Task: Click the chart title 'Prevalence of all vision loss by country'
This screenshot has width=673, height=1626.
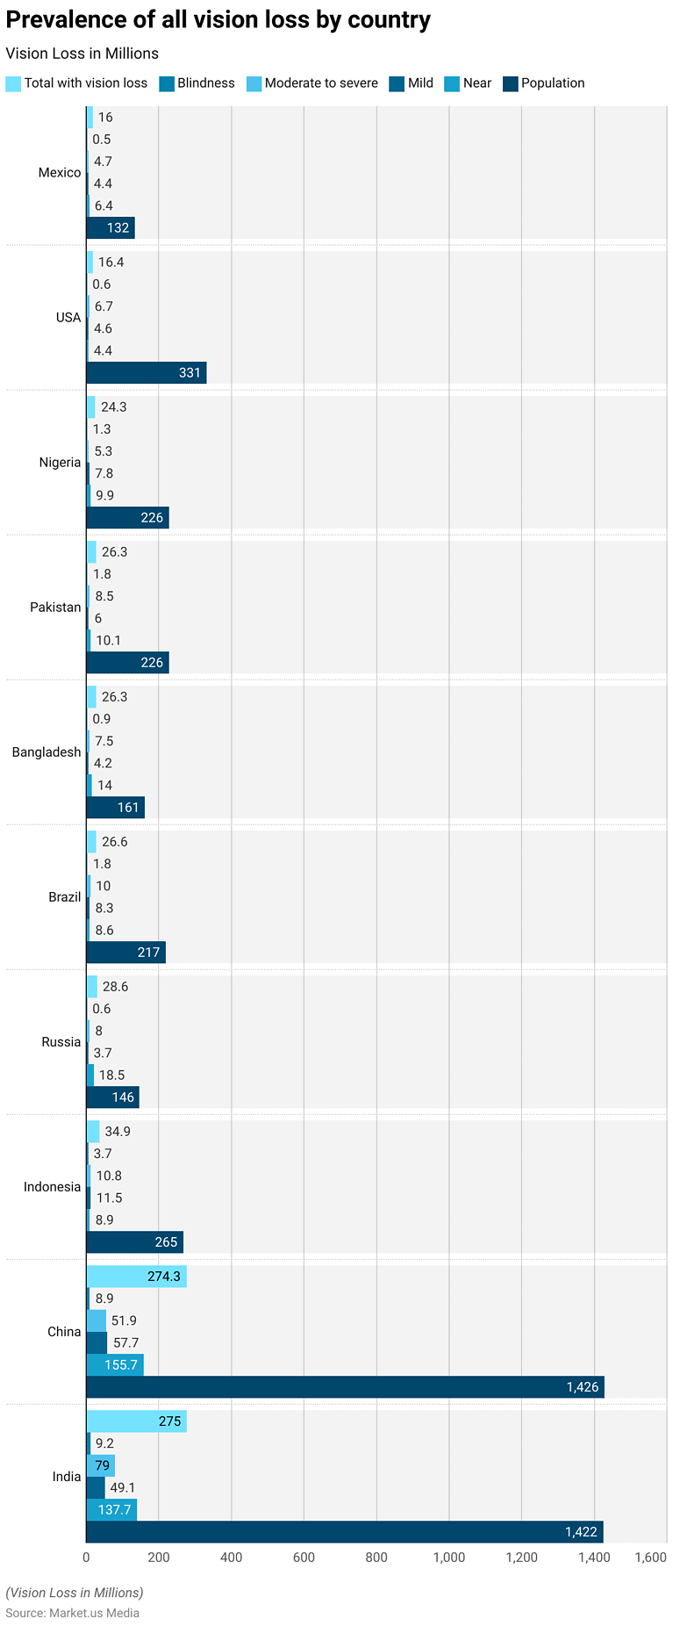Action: tap(218, 20)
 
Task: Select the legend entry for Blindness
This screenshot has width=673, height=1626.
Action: tap(197, 83)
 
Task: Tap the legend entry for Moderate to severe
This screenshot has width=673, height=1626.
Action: tap(312, 83)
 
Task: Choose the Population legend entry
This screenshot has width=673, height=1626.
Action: tap(544, 83)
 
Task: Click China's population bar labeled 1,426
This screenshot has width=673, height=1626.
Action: tap(345, 1387)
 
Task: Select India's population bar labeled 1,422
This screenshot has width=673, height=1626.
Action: tap(345, 1532)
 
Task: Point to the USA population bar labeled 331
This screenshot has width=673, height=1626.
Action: tap(147, 372)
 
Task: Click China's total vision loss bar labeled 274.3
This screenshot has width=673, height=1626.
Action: tap(137, 1277)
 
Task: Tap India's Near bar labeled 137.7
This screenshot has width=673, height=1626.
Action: tap(111, 1509)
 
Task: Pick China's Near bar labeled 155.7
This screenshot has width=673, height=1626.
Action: tap(115, 1365)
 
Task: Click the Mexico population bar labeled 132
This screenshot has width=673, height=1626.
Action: tap(111, 227)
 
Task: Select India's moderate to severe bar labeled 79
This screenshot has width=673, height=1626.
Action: tap(101, 1465)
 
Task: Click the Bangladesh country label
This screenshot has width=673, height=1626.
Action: tap(47, 752)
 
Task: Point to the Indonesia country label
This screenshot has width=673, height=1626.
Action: tap(52, 1187)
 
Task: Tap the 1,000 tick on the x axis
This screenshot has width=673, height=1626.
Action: tap(448, 1558)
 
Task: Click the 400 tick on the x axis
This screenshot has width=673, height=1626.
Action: tap(231, 1558)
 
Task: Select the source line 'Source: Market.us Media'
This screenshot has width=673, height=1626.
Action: tap(72, 1613)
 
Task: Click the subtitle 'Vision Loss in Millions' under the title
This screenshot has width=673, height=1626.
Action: tap(82, 54)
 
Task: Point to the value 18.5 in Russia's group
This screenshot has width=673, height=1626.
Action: tap(111, 1075)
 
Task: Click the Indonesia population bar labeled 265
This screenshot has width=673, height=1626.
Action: tap(135, 1241)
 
